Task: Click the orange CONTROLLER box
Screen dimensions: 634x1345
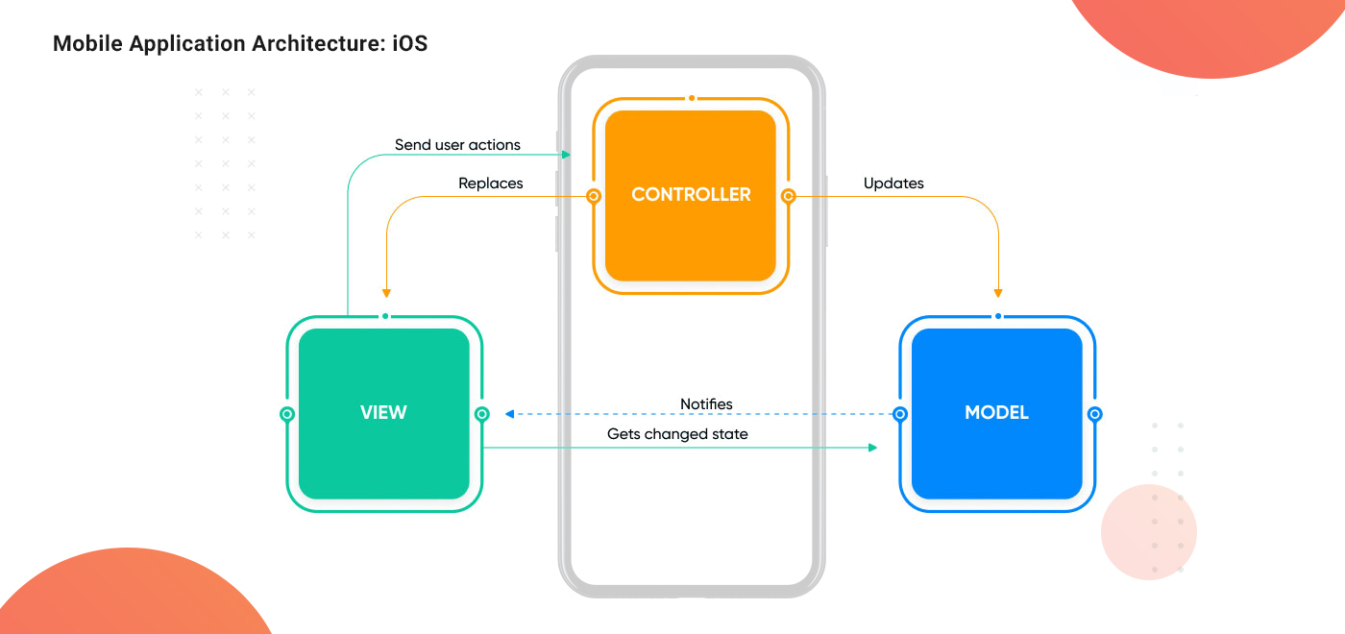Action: [x=691, y=195]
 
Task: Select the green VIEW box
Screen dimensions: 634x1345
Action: [x=384, y=413]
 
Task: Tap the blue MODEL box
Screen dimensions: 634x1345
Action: [x=996, y=413]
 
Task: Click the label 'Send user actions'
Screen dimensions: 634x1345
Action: [x=457, y=145]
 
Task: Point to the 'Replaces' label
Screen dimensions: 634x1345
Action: [x=491, y=183]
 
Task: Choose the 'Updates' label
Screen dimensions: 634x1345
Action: [x=893, y=183]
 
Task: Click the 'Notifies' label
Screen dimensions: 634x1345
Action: [x=706, y=404]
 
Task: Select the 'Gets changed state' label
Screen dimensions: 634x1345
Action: [x=677, y=434]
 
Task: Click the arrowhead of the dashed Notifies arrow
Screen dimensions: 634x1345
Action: [x=510, y=414]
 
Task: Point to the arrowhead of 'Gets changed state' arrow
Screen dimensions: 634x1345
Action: [x=872, y=448]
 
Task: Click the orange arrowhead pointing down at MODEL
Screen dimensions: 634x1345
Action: [x=999, y=292]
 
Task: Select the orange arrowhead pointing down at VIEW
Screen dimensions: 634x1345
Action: [x=385, y=292]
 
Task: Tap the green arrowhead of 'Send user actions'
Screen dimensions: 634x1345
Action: [x=567, y=155]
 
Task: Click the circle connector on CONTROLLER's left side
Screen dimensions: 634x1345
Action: [x=594, y=196]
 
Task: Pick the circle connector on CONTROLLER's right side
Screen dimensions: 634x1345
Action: [x=788, y=196]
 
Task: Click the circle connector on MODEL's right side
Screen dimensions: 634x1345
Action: [x=1094, y=414]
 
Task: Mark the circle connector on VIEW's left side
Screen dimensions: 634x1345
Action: [x=286, y=414]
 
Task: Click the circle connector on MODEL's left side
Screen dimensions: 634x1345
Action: [x=900, y=414]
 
